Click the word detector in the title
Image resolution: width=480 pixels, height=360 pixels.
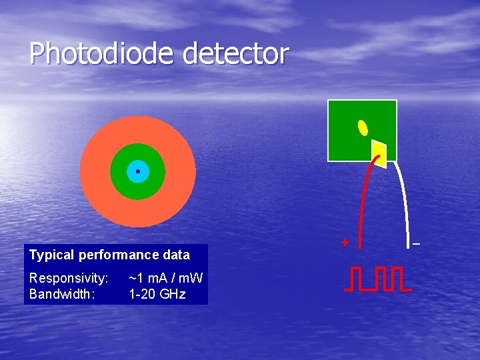click(235, 53)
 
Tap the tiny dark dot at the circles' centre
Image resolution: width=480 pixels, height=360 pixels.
click(137, 171)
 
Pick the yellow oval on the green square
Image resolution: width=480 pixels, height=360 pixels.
click(363, 127)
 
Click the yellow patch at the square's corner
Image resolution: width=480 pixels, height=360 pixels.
click(379, 153)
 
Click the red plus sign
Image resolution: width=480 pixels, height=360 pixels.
click(345, 243)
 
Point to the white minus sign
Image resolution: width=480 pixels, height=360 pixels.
click(416, 245)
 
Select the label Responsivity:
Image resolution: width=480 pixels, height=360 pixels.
click(69, 277)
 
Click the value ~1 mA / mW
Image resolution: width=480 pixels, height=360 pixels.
click(166, 277)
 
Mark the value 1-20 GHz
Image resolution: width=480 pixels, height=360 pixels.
click(157, 293)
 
